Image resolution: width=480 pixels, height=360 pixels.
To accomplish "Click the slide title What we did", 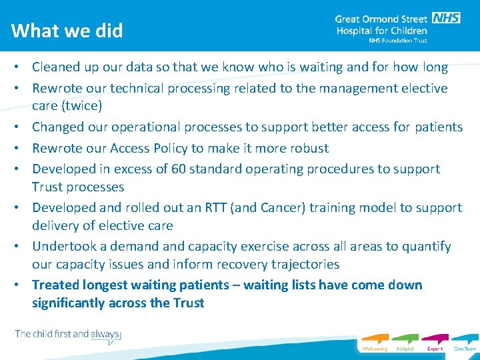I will pos(67,31).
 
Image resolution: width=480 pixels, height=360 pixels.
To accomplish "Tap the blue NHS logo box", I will pos(446,18).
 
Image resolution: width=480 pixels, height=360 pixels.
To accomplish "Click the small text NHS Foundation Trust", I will pos(398,41).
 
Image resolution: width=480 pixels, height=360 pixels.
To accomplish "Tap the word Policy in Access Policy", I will pos(173,148).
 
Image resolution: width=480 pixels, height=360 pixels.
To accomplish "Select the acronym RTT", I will pos(221,208).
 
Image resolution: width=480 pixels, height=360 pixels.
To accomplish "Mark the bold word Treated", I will pos(56,285).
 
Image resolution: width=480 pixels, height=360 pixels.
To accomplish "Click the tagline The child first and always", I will pos(67,334).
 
